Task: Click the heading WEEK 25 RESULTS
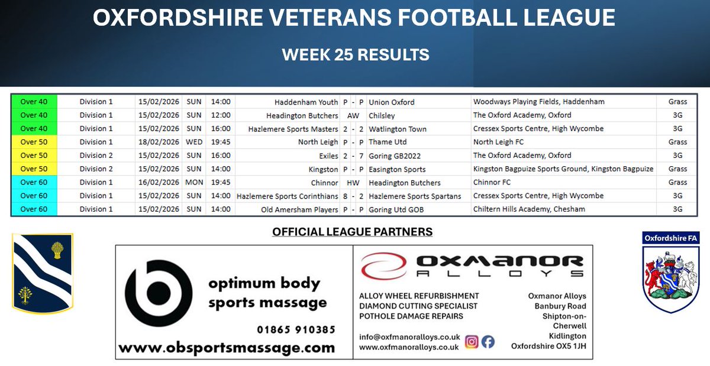coord(355,55)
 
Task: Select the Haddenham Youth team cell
coord(306,102)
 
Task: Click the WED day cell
coord(194,142)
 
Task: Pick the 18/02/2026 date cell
coord(158,142)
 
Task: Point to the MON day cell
coord(194,182)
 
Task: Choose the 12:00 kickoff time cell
coord(221,115)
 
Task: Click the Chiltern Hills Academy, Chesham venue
coord(529,209)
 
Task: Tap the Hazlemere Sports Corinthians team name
coord(287,196)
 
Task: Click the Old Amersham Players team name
coord(299,209)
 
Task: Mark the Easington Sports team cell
coord(396,169)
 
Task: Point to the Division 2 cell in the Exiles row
coord(96,156)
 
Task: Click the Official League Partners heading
coord(352,232)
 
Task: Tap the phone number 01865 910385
coord(296,329)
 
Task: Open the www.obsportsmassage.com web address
coord(227,348)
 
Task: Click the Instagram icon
coord(472,342)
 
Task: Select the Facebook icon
coord(488,342)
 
